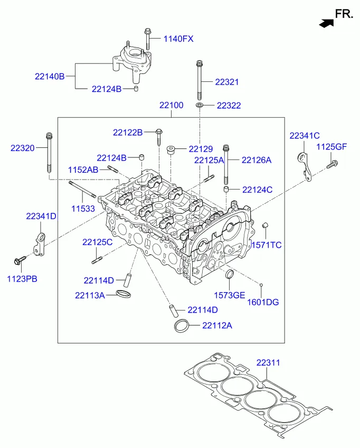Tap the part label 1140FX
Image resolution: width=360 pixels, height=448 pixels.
178,39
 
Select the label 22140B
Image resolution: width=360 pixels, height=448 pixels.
50,77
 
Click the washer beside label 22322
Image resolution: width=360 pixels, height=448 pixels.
200,106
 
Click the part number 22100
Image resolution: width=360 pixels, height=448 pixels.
171,105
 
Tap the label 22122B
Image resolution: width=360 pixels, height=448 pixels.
128,132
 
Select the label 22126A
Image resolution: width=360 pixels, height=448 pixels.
257,160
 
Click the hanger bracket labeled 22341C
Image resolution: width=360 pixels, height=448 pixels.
305,165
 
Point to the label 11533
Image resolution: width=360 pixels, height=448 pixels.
83,209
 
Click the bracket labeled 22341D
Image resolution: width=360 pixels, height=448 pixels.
40,241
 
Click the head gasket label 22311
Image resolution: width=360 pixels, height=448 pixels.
268,363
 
